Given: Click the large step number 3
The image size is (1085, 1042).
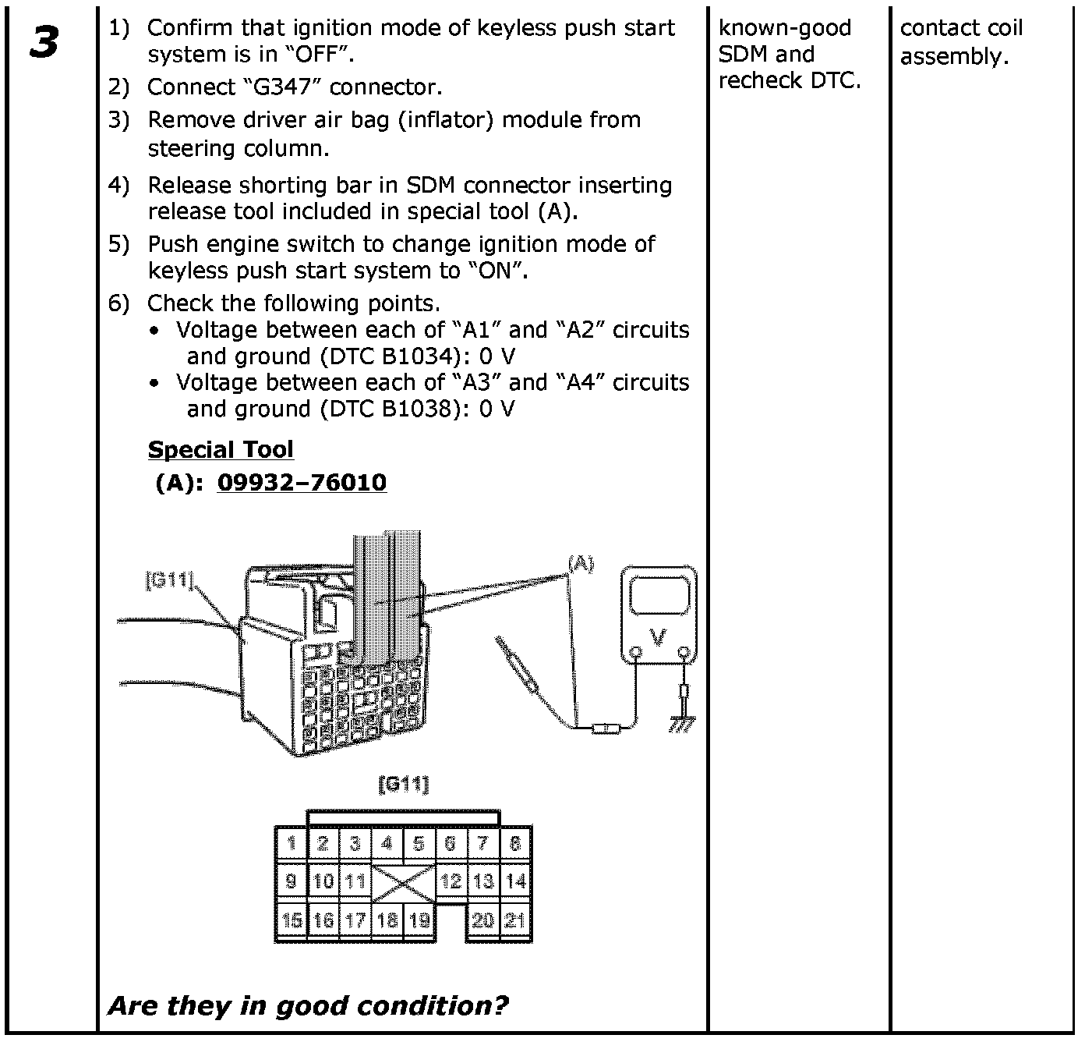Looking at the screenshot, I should coord(45,43).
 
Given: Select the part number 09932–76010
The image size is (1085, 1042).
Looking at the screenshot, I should coord(302,483).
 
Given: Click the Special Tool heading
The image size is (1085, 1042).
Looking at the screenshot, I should coord(221,450).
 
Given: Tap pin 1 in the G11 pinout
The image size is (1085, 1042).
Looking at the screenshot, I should coord(292,844).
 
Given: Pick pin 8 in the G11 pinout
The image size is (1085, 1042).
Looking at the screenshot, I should coord(515,844).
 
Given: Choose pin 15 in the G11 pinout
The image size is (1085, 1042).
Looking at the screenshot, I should coord(292,920).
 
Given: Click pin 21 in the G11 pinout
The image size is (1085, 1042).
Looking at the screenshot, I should coord(515,920).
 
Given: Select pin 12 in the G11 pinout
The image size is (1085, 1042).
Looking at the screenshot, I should coord(451,881).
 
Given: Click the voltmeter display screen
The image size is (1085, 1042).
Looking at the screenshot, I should coord(659,597).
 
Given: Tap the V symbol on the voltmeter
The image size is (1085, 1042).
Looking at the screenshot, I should coord(659,639).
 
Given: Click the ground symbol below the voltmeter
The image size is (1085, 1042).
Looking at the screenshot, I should coord(684,724).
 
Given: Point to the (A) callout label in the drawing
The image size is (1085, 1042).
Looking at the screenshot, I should coord(581,563).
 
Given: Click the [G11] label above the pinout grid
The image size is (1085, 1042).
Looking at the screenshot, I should coord(403,784).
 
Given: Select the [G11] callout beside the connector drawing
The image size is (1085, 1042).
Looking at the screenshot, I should coord(169,580).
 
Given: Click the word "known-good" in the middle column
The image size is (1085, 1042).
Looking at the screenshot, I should coord(784,29).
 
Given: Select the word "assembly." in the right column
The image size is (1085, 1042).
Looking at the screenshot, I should coord(954,56).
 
